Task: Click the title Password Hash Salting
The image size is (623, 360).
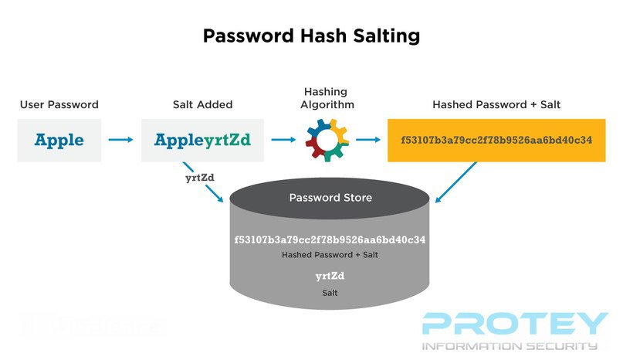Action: (311, 36)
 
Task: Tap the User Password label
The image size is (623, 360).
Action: (59, 104)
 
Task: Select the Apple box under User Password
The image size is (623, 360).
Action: (59, 141)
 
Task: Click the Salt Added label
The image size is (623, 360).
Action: (202, 104)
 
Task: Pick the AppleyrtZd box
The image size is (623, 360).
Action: (202, 141)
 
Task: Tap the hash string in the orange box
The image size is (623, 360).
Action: (496, 141)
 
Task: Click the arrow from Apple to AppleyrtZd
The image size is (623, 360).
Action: (120, 141)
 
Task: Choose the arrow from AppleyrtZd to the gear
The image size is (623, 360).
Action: (283, 141)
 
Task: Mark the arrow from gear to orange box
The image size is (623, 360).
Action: (367, 141)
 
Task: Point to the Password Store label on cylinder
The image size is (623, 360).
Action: (330, 198)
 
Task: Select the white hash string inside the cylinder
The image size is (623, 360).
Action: (330, 240)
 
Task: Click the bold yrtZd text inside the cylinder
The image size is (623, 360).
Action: (330, 276)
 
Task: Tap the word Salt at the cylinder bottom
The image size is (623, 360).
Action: (330, 294)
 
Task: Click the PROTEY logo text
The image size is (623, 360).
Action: (516, 323)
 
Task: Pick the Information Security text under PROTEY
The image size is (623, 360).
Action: (510, 346)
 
